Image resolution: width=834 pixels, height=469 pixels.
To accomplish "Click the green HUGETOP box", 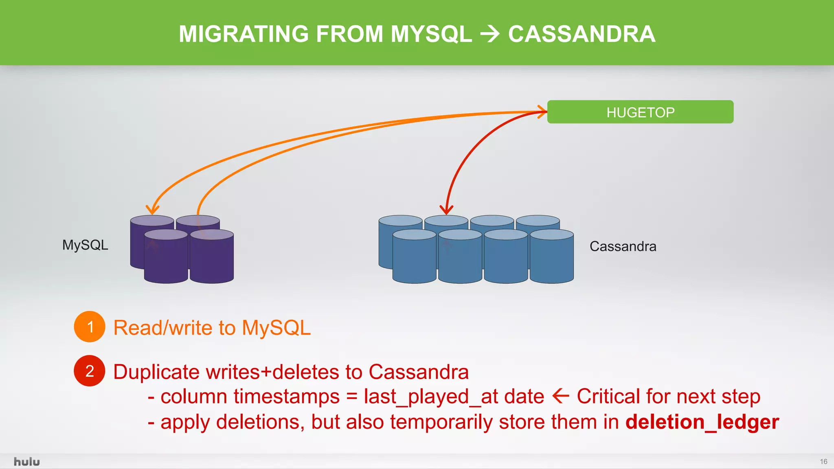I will pos(640,112).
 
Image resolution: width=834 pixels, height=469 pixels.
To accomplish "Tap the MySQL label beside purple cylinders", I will pos(85,245).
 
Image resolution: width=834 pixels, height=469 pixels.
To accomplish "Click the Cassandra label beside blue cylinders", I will pos(623,246).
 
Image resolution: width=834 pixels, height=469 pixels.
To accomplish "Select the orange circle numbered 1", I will pos(90,327).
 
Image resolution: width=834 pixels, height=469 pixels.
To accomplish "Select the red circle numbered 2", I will pos(90,371).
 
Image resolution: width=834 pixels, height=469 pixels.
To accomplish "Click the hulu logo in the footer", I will pos(27,462).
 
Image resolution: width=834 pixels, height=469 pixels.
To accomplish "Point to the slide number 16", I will pos(823,462).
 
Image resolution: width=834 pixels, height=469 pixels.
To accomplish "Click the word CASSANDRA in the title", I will pos(582,34).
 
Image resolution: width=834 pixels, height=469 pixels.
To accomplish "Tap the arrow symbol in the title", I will pos(490,34).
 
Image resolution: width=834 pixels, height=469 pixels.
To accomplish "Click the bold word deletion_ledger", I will pos(702,422).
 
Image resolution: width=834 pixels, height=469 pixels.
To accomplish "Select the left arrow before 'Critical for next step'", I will pos(561,396).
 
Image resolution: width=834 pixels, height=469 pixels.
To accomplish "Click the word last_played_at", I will pos(422,397).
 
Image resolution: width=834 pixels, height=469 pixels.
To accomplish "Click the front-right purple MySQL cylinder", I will pos(212,259).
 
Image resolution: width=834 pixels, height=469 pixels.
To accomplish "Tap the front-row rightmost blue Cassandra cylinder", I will pos(552,259).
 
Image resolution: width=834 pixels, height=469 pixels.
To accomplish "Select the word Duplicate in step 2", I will pos(156,372).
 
